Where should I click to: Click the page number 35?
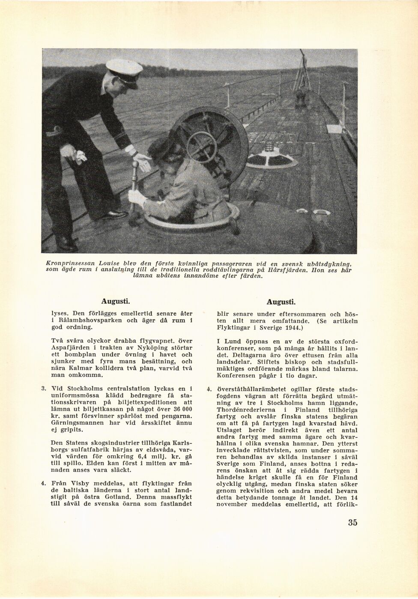point(352,522)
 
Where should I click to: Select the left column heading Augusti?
point(116,301)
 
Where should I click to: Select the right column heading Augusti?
point(281,301)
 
